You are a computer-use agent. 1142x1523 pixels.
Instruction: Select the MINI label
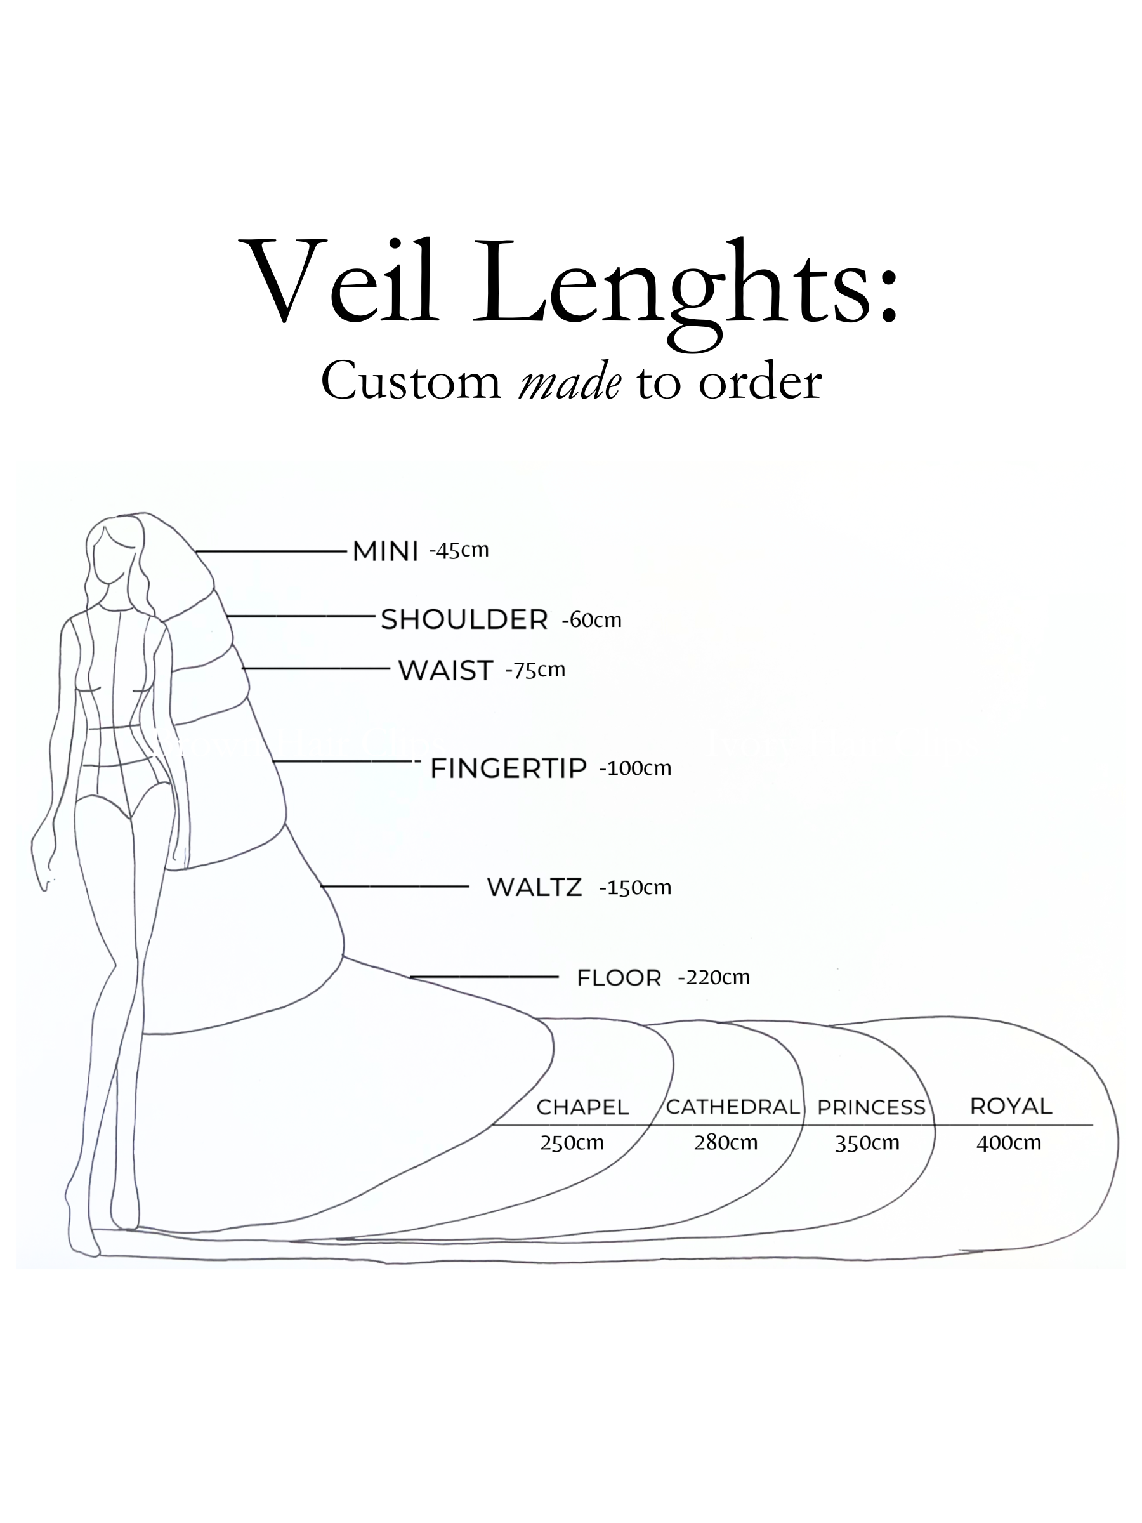tap(385, 551)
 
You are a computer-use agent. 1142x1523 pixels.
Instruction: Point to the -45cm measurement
tap(459, 550)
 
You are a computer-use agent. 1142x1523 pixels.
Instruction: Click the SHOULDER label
tap(464, 619)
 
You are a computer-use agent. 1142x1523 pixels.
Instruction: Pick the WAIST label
tap(445, 671)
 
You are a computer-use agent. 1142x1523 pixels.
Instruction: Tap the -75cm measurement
tap(535, 670)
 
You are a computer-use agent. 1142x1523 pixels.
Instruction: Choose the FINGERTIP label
tap(508, 768)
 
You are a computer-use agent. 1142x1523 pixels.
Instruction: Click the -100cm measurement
tap(634, 768)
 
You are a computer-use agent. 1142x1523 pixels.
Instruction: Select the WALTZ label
tap(534, 888)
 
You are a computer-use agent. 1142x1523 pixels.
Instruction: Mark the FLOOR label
tap(619, 978)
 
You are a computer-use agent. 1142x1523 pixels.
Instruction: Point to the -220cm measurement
tap(713, 977)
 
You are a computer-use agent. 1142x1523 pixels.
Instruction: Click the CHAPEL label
tap(582, 1107)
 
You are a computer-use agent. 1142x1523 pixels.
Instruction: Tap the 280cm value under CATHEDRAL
tap(726, 1143)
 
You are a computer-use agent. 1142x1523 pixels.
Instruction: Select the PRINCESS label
tap(871, 1108)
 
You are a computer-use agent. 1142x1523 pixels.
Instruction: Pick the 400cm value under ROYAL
tap(1009, 1144)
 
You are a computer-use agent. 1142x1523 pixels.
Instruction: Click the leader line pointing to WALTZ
tap(396, 887)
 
